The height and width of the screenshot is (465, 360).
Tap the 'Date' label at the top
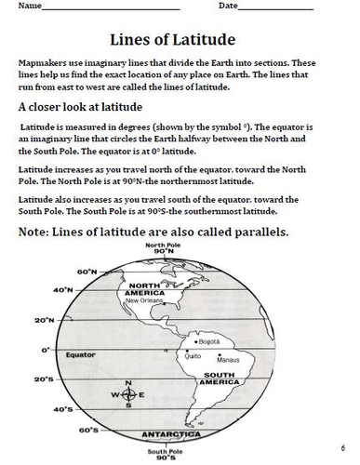click(229, 7)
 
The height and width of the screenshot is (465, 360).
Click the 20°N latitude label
click(44, 321)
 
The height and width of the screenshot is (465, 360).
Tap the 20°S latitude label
click(44, 379)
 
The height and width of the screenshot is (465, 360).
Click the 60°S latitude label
click(88, 431)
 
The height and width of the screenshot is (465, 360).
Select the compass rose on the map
click(128, 393)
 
